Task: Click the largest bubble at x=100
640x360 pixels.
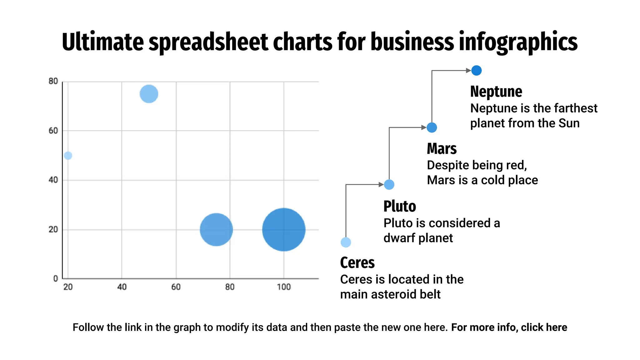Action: click(283, 230)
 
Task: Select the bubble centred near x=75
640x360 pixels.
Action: click(216, 230)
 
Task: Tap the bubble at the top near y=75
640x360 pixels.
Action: click(149, 94)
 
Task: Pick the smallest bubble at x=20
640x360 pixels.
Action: click(68, 155)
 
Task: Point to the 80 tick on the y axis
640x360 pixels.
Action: click(53, 81)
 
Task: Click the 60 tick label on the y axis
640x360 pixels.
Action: click(53, 131)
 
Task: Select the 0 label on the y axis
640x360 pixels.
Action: click(56, 278)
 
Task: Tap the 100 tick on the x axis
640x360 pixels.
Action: click(283, 287)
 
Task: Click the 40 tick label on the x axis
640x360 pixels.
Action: click(122, 287)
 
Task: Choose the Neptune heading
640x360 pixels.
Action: click(496, 92)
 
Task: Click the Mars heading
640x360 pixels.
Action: click(442, 149)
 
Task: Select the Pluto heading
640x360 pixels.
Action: click(400, 206)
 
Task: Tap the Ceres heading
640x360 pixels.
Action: click(357, 262)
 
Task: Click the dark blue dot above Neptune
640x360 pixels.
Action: click(476, 70)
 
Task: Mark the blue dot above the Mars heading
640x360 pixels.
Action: click(432, 127)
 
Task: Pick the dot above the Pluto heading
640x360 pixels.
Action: click(389, 184)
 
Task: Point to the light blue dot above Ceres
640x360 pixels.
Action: click(346, 242)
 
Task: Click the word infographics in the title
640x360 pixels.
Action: click(518, 42)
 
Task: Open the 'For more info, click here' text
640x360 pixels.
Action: click(509, 327)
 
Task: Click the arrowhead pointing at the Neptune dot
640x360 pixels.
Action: click(468, 71)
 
